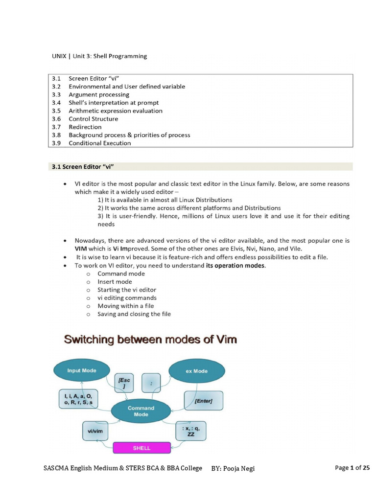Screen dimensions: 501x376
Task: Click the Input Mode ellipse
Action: tap(82, 370)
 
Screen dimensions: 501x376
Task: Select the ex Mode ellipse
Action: tap(196, 371)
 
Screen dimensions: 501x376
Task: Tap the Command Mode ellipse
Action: tap(141, 411)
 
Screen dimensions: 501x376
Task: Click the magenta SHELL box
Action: tap(142, 448)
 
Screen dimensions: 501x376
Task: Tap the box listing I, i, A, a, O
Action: tap(78, 399)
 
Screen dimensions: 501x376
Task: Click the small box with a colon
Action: tap(152, 383)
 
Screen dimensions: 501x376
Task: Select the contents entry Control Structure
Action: tap(93, 119)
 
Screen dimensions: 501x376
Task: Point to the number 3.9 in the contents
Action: tap(56, 143)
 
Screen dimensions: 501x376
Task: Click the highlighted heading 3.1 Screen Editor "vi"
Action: tap(83, 167)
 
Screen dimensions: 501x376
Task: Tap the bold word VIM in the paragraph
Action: tap(81, 249)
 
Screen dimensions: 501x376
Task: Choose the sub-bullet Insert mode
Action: tap(115, 282)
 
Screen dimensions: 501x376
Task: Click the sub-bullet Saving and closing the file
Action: tap(134, 314)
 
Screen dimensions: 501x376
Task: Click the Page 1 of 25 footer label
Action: tap(352, 468)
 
